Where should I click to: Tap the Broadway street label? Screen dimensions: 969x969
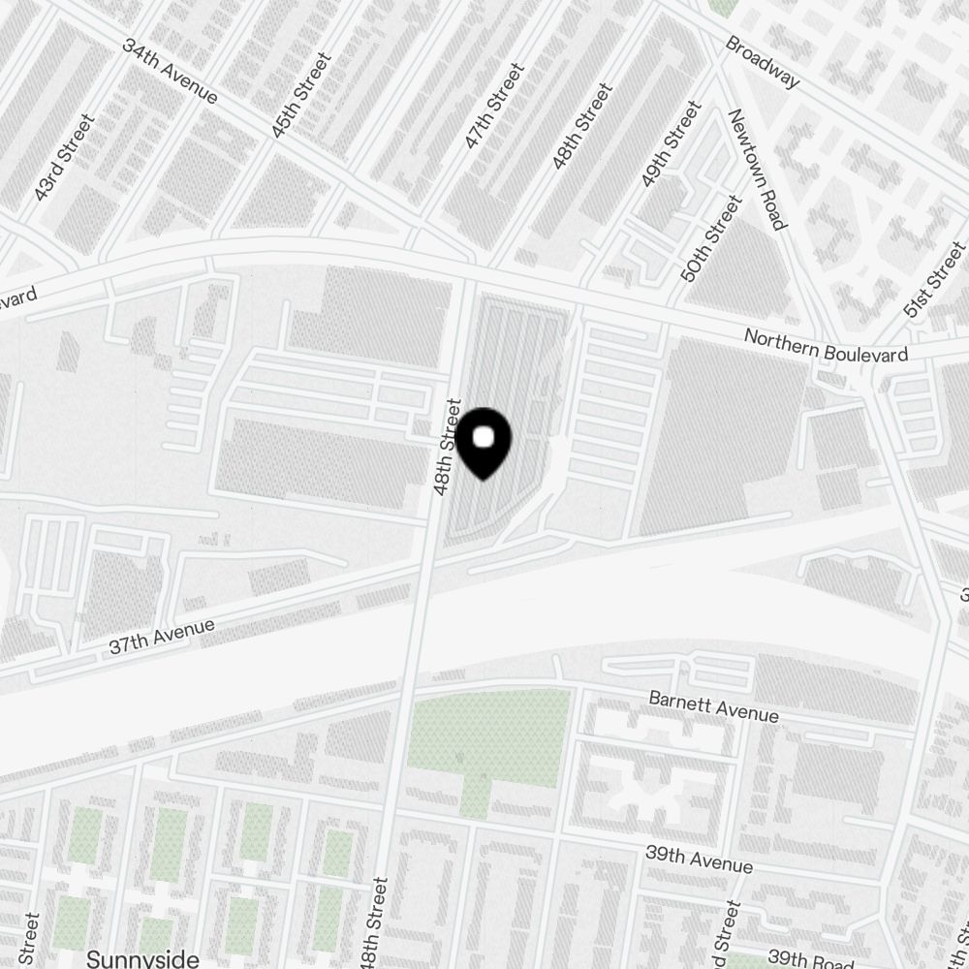[763, 62]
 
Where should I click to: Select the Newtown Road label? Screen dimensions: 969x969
[756, 169]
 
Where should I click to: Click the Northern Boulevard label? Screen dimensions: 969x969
[826, 346]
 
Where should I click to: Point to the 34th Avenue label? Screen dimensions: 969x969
[169, 71]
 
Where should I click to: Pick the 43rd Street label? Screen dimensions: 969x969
[64, 158]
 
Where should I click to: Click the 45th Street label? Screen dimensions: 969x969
[301, 95]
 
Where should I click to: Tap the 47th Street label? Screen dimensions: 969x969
[494, 106]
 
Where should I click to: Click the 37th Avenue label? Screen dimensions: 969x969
[161, 637]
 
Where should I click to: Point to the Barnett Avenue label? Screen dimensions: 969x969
[713, 706]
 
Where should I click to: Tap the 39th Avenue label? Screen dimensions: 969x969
[699, 859]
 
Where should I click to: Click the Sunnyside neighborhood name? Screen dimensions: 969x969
[142, 958]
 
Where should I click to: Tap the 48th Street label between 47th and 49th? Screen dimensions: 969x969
[581, 127]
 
